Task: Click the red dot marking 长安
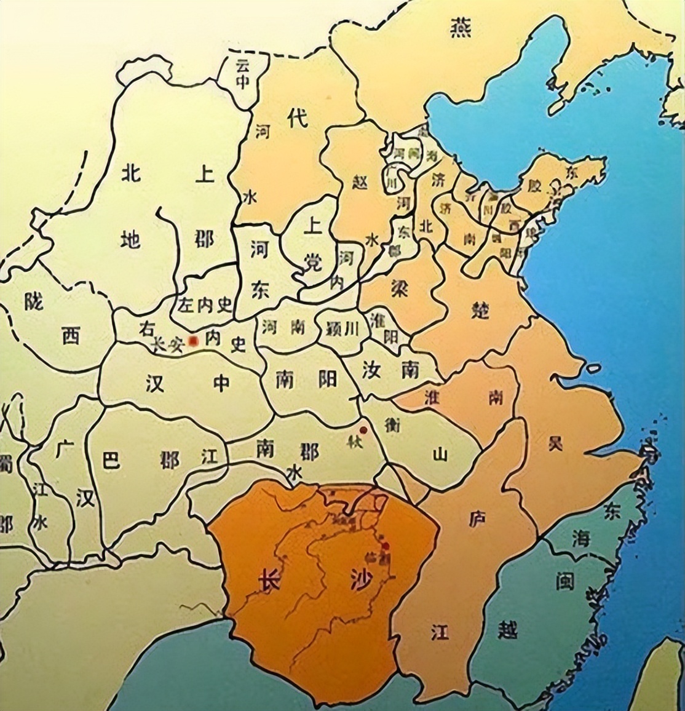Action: (x=193, y=340)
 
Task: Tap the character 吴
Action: (x=556, y=444)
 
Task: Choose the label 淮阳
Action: (x=382, y=327)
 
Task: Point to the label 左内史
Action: (x=205, y=304)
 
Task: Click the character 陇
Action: (x=35, y=300)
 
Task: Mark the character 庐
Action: (x=477, y=519)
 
